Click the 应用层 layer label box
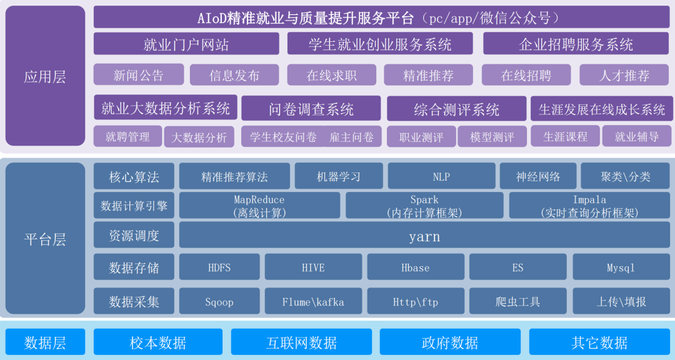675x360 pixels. (45, 76)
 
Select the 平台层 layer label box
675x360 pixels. (45, 238)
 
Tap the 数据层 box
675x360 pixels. (45, 342)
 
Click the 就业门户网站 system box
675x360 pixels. (186, 44)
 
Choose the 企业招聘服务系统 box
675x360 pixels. (576, 44)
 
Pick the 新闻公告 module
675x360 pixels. (139, 75)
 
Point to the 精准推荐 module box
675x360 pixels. (428, 76)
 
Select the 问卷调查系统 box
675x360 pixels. (311, 109)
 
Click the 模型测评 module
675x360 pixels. (492, 136)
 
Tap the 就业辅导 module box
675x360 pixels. (637, 136)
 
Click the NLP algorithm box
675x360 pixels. (442, 176)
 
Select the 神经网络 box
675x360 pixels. (538, 176)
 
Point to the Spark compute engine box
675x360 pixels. (424, 206)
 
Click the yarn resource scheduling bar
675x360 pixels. (424, 236)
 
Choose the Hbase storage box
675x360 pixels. (416, 267)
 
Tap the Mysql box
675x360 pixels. (621, 267)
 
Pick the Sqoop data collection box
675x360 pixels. (219, 301)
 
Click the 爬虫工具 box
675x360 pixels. (518, 301)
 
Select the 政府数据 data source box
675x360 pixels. (450, 342)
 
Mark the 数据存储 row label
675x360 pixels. (134, 267)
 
